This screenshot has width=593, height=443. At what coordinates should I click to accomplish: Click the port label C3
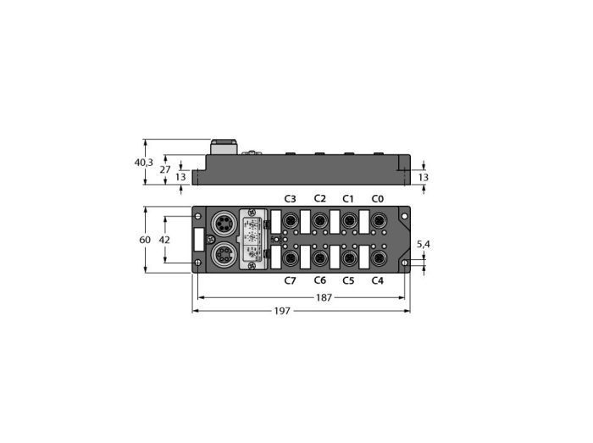point(290,199)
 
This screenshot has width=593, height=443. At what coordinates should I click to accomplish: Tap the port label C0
point(378,199)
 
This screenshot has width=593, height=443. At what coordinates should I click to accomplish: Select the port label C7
point(290,281)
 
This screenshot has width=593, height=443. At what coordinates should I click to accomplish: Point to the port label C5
point(348,281)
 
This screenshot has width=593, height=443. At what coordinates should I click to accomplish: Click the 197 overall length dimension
point(282,311)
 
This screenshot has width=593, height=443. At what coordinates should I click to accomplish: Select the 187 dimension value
point(324,298)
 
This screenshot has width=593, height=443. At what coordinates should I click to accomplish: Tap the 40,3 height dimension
point(144,163)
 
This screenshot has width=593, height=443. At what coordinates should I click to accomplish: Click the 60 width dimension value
point(145,240)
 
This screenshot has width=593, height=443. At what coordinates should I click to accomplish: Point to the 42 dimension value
point(164,240)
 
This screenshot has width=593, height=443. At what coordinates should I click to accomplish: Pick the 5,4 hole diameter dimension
point(424,244)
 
